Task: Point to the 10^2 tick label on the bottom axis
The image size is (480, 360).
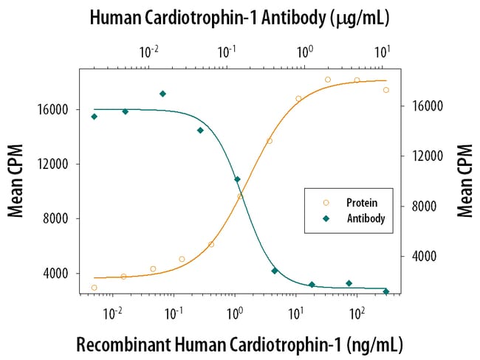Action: pos(357,313)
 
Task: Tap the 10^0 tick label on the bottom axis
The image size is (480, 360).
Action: pos(235,313)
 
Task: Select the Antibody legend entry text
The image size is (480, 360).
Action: pos(364,218)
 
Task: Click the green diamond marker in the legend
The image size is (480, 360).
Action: pos(326,218)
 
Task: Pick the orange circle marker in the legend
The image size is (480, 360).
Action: pos(326,202)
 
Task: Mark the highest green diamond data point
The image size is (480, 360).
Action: pos(162,94)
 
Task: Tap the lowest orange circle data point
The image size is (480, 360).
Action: pos(95,288)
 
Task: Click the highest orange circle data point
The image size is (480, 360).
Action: pos(328,80)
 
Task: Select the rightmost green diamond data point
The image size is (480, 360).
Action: pos(386,291)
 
